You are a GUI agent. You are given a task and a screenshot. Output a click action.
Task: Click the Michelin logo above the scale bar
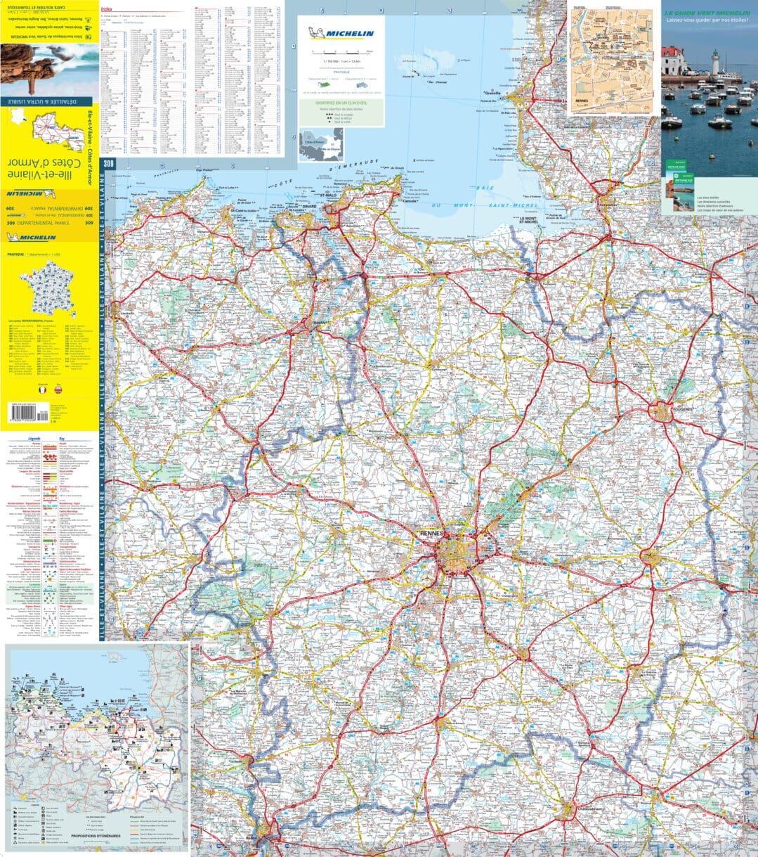point(341,33)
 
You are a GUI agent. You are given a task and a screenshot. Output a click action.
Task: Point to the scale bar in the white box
point(341,53)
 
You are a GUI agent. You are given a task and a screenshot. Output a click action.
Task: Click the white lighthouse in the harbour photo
point(714,62)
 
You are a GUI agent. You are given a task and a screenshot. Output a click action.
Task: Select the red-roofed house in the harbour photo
point(672,61)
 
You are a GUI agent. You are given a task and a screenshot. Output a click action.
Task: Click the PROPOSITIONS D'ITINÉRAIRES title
point(105,835)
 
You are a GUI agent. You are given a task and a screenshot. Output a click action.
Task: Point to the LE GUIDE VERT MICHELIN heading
point(709,13)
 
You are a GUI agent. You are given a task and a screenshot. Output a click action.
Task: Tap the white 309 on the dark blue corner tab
point(107,164)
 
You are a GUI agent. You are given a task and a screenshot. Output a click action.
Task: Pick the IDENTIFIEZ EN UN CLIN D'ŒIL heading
point(341,103)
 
